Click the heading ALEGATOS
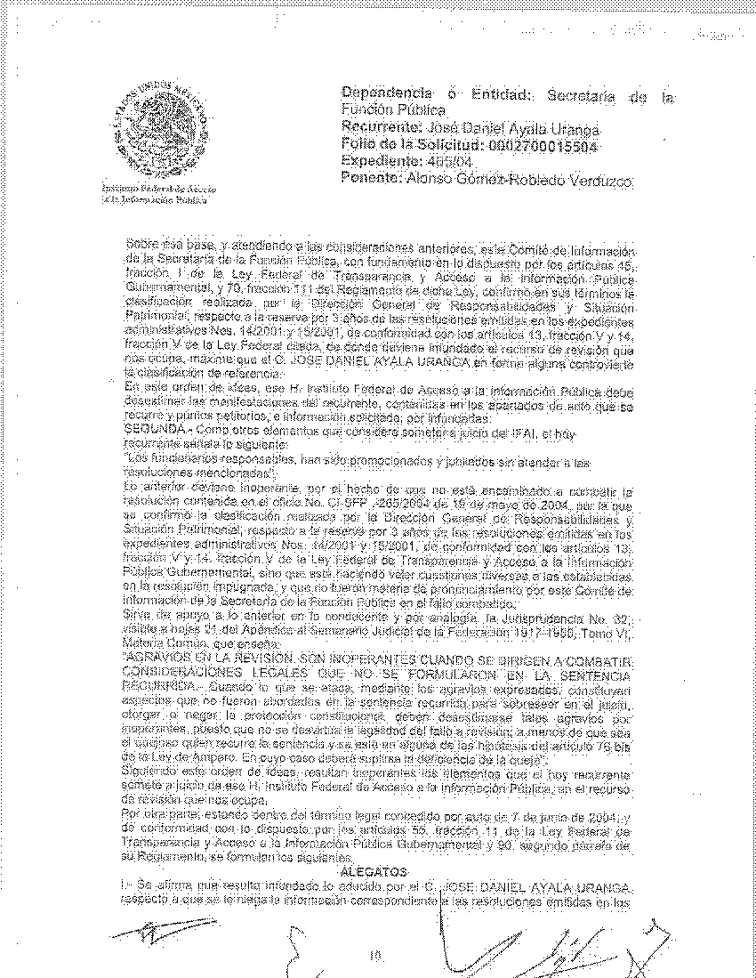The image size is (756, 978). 378,870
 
